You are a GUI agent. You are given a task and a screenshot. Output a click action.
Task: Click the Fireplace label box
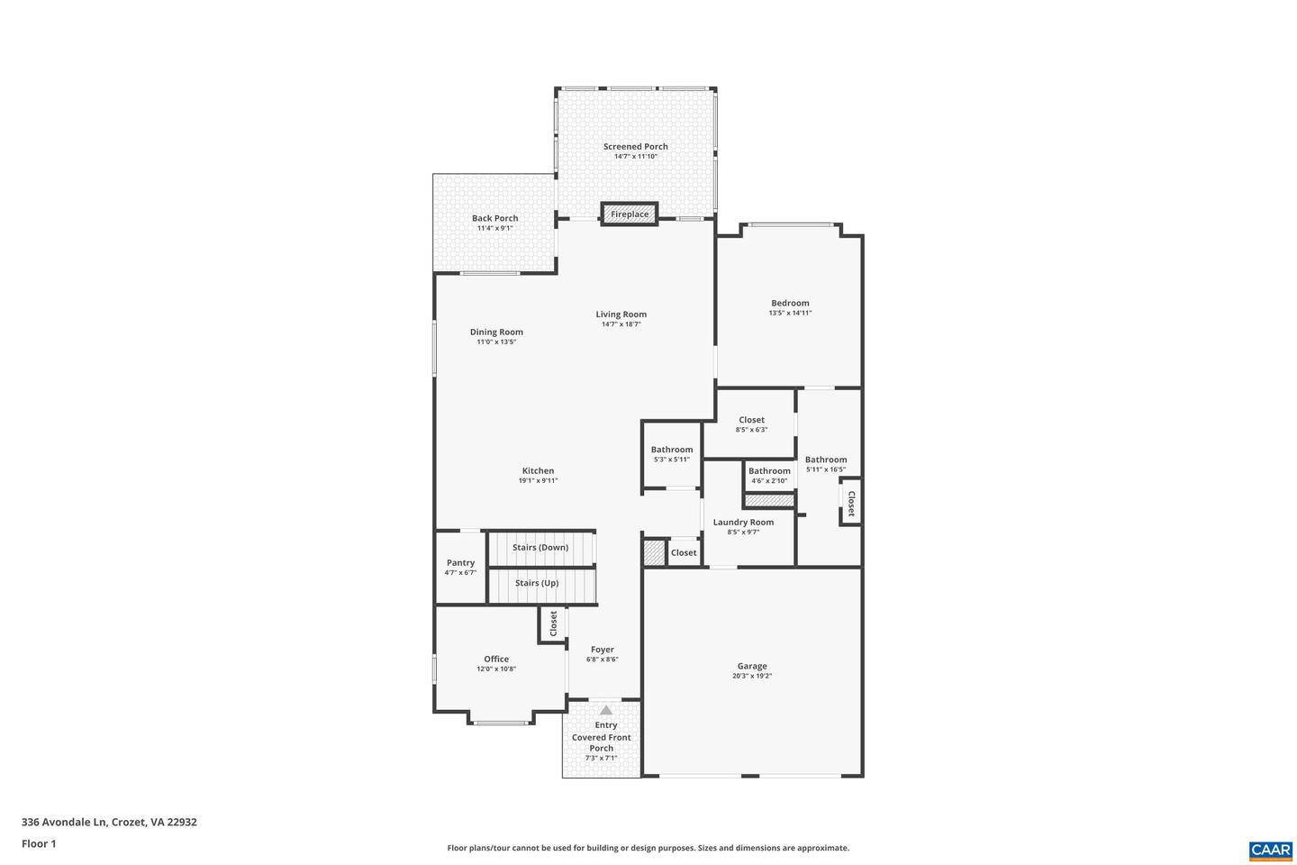click(630, 214)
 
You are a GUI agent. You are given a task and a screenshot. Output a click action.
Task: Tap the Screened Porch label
click(635, 147)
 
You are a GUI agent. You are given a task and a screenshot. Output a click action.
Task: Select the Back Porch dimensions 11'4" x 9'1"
click(494, 229)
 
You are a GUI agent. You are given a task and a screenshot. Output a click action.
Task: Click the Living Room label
click(621, 314)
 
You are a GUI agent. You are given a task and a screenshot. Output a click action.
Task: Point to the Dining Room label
click(496, 332)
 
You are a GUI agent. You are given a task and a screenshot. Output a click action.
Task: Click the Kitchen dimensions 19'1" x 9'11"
click(538, 481)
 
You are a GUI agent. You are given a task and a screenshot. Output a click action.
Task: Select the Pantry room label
click(460, 563)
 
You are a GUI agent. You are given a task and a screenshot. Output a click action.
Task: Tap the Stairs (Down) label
click(540, 548)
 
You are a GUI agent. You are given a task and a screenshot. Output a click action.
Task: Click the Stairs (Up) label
click(537, 583)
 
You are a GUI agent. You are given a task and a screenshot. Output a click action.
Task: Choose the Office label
click(496, 659)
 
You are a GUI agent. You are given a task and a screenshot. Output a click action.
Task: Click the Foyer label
click(602, 650)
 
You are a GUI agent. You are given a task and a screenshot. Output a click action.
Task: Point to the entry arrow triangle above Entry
click(605, 710)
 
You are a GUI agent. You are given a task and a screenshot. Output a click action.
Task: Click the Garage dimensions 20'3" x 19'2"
click(752, 676)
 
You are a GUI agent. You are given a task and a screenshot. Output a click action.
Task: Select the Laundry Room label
click(743, 523)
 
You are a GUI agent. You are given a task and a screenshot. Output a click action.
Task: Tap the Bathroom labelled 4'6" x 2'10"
click(769, 471)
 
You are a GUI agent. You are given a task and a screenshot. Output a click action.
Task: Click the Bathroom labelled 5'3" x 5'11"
click(672, 450)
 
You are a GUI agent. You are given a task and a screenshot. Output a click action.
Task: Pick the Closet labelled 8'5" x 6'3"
click(751, 420)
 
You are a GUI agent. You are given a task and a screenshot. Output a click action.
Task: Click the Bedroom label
click(790, 304)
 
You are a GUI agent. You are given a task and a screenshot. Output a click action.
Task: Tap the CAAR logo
click(1270, 850)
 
